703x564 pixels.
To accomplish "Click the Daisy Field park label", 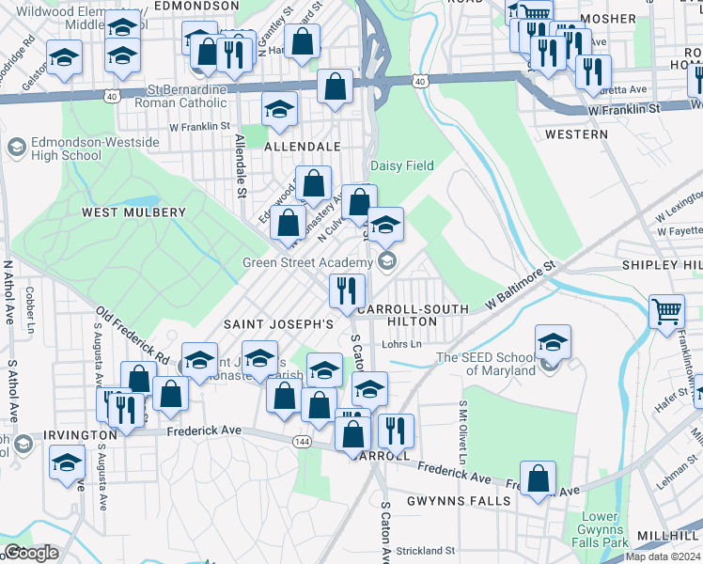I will coord(401,165).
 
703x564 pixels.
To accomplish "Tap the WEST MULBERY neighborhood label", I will coord(133,212).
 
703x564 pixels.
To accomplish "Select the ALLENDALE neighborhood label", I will coord(301,148).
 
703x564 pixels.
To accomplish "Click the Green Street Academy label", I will coord(307,262).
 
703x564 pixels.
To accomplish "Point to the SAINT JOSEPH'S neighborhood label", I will coord(278,323).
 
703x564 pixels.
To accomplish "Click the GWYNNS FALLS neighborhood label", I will coord(459,500).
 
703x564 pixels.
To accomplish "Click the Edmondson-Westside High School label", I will coord(54,149).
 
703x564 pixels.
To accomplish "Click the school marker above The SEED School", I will coord(554,341).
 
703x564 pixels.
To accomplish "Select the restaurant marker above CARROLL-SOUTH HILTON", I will coord(347,290).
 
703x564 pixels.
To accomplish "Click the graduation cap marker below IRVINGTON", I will coord(67,462).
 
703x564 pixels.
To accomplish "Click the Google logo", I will coord(31,553).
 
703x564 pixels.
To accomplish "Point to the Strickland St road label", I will coord(424,550).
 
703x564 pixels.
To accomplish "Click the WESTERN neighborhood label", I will coord(576,134).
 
